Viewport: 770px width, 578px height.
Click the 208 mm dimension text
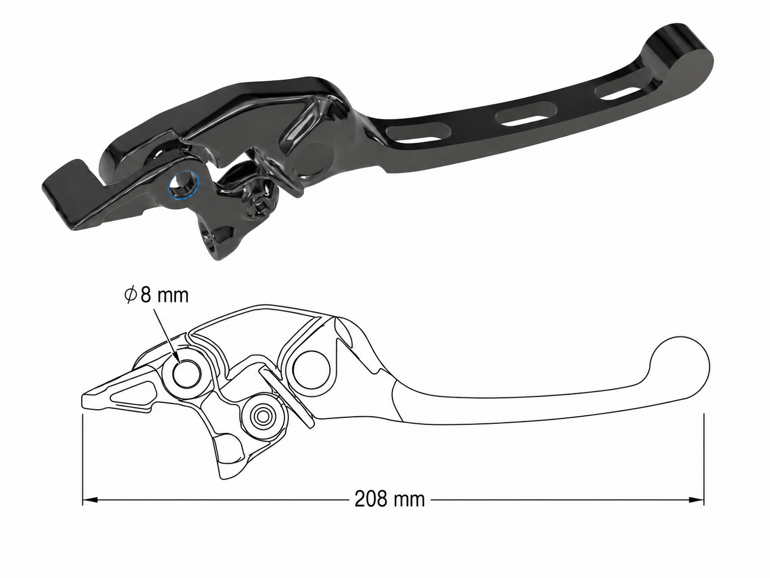389,499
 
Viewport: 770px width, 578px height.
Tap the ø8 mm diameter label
156,296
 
